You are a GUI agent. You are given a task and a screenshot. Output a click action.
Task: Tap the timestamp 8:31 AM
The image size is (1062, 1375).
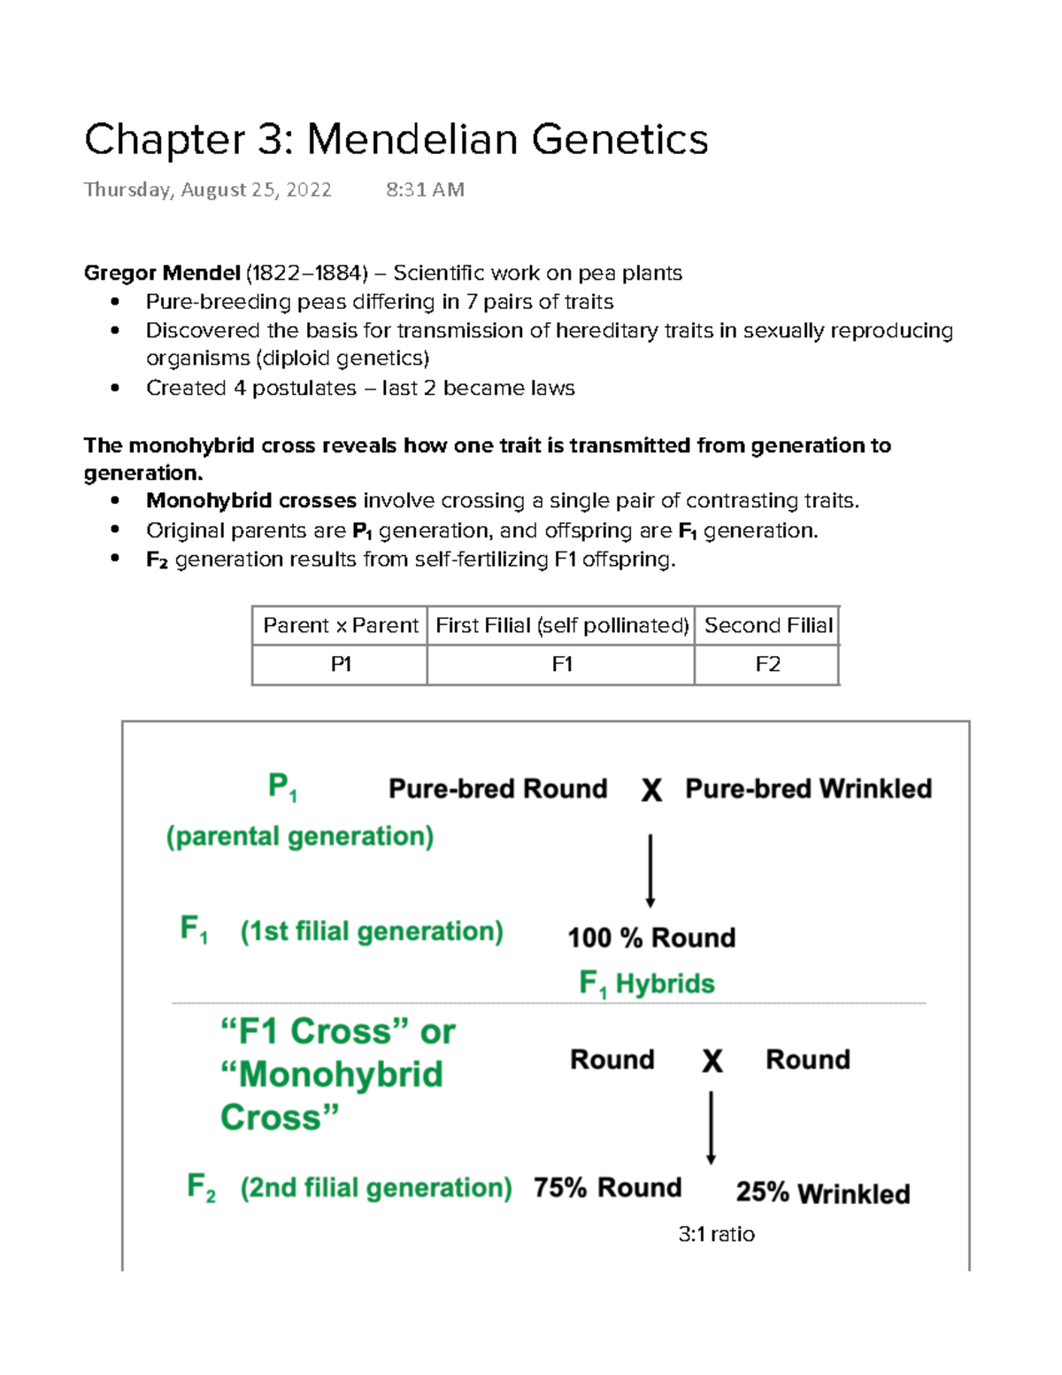(x=425, y=189)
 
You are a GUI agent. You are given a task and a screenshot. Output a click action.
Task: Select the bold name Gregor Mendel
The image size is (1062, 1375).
(x=162, y=273)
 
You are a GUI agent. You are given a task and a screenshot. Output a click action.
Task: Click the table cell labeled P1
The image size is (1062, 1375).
(x=340, y=664)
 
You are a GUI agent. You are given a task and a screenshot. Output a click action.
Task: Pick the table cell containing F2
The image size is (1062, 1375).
(x=767, y=664)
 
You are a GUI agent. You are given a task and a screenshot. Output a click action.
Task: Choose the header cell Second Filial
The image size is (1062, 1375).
(x=767, y=625)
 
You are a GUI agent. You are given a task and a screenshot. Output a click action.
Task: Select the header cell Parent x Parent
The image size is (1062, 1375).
(x=340, y=625)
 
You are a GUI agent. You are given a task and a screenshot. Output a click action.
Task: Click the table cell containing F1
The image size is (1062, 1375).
(x=561, y=664)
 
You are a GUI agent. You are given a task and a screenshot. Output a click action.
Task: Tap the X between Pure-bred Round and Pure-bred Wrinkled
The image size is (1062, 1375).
(x=651, y=790)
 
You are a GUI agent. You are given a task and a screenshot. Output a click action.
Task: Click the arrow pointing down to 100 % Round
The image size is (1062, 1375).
(x=650, y=869)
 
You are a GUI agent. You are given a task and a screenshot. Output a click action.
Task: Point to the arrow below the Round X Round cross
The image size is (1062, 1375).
(x=711, y=1127)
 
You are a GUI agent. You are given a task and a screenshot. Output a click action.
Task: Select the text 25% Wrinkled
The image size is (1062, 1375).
(x=822, y=1193)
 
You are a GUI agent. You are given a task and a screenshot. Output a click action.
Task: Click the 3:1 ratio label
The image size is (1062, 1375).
(x=716, y=1234)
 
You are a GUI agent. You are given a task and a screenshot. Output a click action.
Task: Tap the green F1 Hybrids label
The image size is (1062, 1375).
(x=646, y=984)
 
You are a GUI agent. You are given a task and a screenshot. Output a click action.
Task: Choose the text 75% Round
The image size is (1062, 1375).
(x=607, y=1187)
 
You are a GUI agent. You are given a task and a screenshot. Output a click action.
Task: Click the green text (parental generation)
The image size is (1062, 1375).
(x=300, y=836)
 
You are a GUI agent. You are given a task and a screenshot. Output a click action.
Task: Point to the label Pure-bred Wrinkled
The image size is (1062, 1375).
(x=808, y=788)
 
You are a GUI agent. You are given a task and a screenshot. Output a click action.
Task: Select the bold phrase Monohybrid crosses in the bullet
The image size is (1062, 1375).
(x=251, y=501)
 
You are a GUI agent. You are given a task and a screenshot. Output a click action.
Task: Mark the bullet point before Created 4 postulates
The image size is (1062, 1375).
(x=115, y=388)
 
